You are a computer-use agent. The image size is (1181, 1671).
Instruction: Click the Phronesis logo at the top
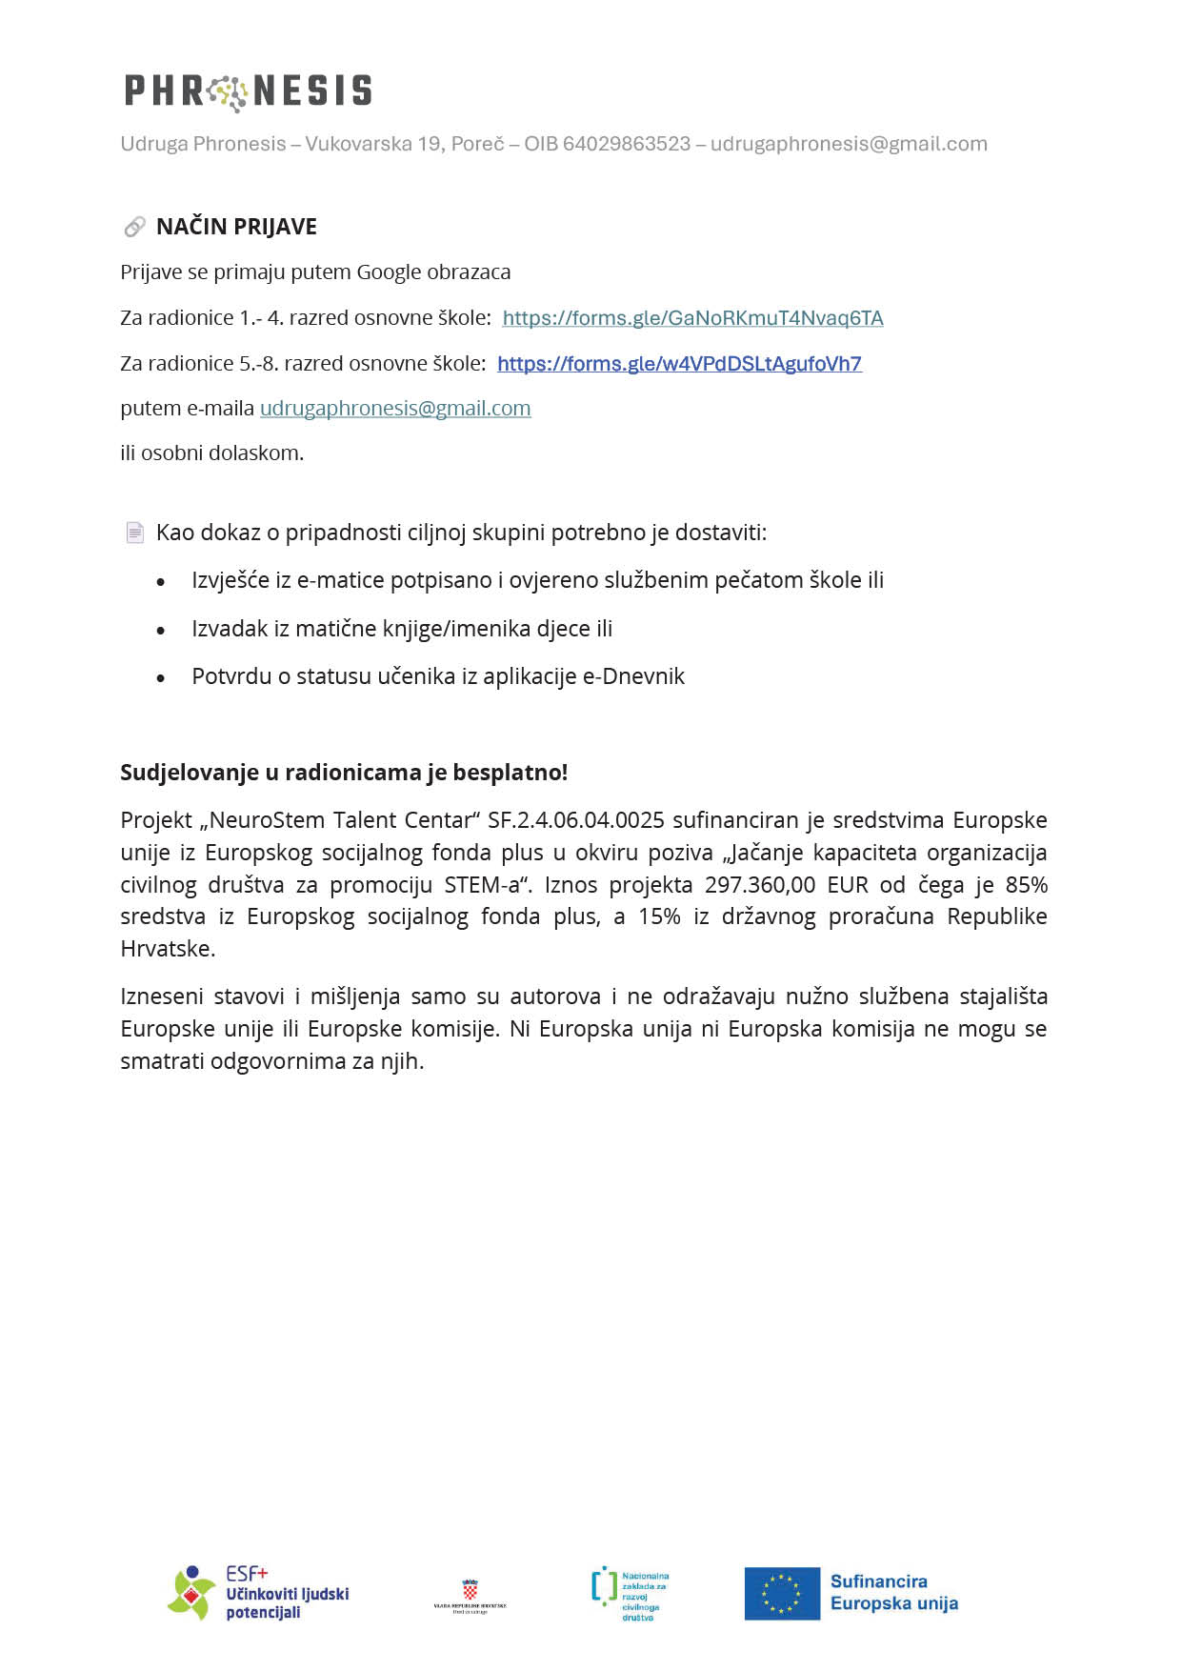[x=248, y=91]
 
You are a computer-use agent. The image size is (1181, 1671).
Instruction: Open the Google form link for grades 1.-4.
[x=692, y=318]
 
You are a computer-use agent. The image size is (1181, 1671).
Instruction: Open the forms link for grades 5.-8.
[x=679, y=364]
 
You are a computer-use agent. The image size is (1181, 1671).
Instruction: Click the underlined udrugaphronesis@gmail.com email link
[x=395, y=409]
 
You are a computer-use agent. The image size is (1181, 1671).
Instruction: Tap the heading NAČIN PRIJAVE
[x=236, y=227]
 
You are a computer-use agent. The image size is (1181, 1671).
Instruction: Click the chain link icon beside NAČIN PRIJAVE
[x=134, y=227]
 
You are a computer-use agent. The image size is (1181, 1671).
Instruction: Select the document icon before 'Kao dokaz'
[x=135, y=533]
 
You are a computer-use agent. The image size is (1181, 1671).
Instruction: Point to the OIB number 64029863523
[x=627, y=144]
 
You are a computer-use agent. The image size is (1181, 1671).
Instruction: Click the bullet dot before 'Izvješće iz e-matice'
[x=161, y=582]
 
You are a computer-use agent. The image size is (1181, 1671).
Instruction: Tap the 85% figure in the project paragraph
[x=1026, y=885]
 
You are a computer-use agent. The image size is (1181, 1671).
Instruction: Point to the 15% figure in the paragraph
[x=659, y=916]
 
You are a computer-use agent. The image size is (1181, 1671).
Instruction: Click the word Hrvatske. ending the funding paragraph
[x=168, y=949]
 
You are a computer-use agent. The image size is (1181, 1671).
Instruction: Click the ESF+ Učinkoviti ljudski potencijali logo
[x=258, y=1593]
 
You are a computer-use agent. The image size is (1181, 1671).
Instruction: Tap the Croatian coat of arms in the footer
[x=470, y=1589]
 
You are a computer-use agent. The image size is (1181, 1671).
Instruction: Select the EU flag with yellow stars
[x=782, y=1594]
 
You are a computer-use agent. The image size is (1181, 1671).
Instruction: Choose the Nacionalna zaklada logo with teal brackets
[x=630, y=1593]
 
